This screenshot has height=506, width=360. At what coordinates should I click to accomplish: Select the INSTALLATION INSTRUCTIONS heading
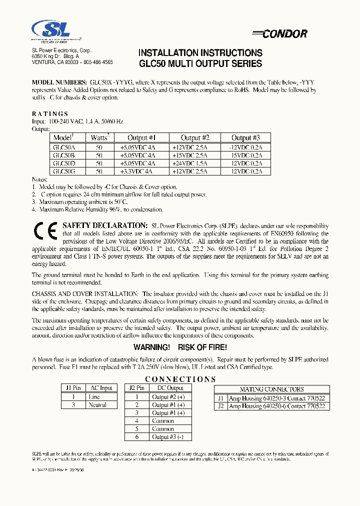(x=200, y=53)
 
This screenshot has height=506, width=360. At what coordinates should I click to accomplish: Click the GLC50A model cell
(x=64, y=147)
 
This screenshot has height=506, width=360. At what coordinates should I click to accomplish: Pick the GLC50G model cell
(x=64, y=171)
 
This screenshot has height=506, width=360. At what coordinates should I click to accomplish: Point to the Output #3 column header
(x=245, y=137)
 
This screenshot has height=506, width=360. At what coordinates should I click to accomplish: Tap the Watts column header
(x=99, y=137)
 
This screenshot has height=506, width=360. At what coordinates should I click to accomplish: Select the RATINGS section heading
(x=50, y=114)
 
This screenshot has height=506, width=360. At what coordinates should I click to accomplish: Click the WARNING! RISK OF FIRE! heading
(x=180, y=347)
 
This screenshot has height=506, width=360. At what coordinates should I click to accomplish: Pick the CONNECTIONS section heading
(x=180, y=379)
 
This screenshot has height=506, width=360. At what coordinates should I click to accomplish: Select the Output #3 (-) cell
(x=168, y=437)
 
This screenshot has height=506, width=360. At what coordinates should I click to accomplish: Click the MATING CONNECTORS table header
(x=271, y=389)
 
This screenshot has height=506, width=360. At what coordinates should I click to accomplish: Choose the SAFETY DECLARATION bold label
(x=104, y=226)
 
